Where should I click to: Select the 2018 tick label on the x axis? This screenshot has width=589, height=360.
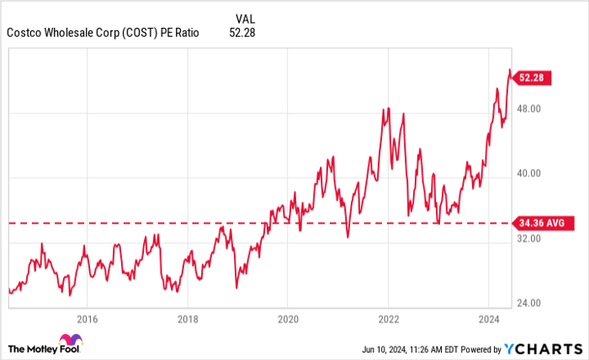187,319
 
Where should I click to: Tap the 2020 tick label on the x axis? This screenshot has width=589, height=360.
287,319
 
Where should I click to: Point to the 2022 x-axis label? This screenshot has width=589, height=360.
388,319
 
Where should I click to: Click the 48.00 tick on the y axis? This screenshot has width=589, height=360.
528,109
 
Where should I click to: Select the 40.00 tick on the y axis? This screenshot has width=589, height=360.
528,173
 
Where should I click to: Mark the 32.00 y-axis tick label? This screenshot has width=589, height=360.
528,238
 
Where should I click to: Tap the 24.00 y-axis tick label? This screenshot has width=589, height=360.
528,303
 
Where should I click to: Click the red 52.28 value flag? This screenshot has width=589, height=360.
532,77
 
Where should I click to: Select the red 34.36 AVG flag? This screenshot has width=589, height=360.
542,223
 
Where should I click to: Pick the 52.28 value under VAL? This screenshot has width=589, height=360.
241,33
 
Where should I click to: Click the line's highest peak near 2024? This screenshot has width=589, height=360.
508,70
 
